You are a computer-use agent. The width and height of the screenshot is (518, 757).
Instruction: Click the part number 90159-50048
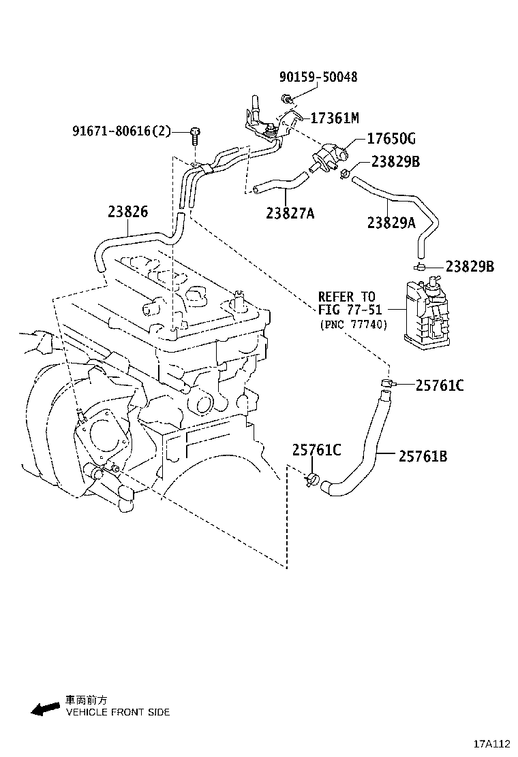(x=318, y=77)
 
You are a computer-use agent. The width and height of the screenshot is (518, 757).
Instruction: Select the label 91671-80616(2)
(x=121, y=131)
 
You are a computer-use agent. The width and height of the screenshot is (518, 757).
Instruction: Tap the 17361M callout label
(x=334, y=118)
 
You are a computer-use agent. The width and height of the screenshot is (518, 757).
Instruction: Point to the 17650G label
(x=391, y=140)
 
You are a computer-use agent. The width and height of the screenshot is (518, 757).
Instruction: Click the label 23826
(x=127, y=212)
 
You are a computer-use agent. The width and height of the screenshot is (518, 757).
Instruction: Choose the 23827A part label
(x=290, y=214)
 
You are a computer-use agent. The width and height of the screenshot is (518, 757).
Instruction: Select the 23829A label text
(x=391, y=222)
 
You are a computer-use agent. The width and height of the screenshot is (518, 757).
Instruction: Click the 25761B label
(x=423, y=456)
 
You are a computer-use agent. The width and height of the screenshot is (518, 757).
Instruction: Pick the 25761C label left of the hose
(x=316, y=449)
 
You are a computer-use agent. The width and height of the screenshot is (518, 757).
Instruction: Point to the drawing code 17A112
(x=492, y=743)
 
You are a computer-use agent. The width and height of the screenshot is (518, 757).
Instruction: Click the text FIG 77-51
(x=346, y=310)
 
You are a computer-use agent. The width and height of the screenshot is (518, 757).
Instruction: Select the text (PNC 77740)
(x=353, y=325)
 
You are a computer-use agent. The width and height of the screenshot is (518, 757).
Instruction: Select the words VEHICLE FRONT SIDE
(x=117, y=712)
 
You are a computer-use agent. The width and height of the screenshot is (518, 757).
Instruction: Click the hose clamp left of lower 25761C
(x=311, y=479)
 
